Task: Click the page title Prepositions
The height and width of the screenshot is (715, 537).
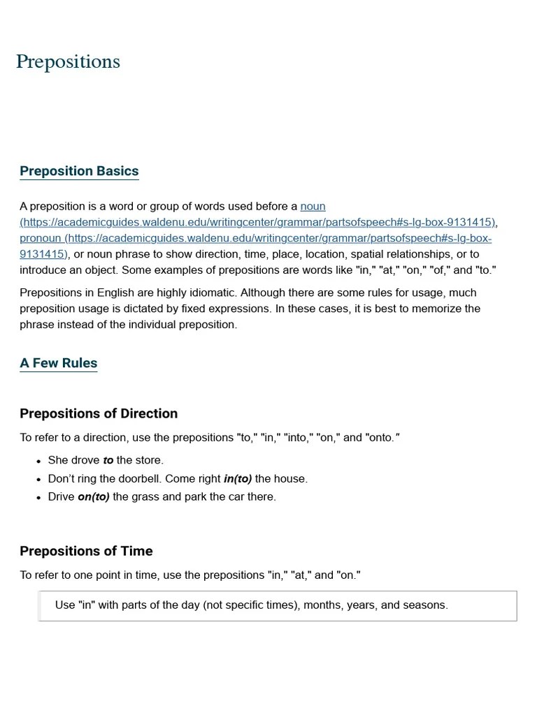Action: [x=68, y=62]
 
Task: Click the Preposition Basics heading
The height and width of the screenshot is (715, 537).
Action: [x=79, y=171]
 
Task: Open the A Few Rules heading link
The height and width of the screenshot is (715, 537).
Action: [x=58, y=363]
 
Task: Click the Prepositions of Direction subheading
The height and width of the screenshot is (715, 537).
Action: [x=99, y=413]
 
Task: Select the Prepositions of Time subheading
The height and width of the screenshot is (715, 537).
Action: [x=86, y=551]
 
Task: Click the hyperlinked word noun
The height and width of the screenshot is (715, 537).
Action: [x=313, y=207]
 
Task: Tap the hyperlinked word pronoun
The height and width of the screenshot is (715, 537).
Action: [x=40, y=238]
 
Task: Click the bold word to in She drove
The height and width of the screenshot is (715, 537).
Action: [x=108, y=460]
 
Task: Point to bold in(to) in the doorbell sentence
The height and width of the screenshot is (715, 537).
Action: [x=237, y=478]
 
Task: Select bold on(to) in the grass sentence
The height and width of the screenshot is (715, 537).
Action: [x=93, y=496]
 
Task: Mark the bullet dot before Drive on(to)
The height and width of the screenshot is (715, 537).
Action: [x=38, y=498]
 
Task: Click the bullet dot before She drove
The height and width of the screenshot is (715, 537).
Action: [x=38, y=462]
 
